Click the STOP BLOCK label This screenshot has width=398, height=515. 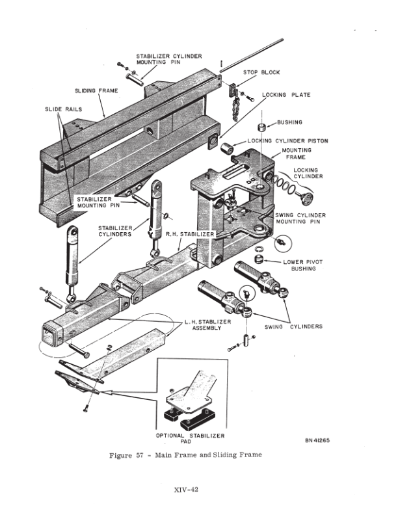[261, 73]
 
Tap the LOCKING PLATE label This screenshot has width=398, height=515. [286, 95]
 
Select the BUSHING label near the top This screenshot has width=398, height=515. [289, 122]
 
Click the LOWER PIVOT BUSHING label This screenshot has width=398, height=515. [304, 265]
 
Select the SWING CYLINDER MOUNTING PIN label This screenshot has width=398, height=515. [300, 218]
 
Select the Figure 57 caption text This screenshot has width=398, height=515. [185, 455]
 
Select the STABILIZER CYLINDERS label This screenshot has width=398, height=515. [115, 231]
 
